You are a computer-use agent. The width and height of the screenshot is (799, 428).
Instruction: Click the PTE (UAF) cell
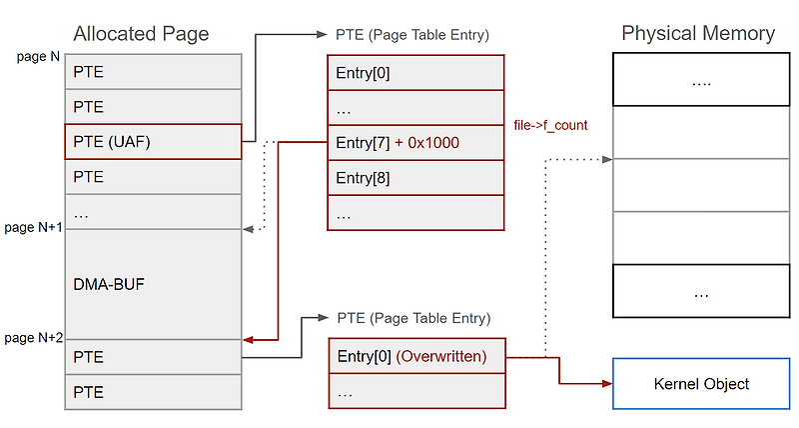[153, 142]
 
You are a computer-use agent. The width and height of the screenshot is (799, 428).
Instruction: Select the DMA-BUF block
[153, 285]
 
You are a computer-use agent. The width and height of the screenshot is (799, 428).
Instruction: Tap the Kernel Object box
[701, 384]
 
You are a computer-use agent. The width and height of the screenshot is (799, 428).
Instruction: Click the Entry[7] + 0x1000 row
[415, 143]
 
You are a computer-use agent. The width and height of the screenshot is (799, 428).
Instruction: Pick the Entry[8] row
[415, 178]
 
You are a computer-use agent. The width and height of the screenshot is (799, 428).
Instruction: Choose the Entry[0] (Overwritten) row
[415, 357]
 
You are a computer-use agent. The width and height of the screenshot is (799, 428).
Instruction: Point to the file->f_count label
[549, 126]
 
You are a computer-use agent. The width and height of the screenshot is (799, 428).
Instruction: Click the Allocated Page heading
[141, 34]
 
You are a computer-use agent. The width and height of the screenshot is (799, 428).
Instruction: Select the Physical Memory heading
[698, 33]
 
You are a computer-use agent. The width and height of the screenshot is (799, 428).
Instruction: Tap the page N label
[38, 57]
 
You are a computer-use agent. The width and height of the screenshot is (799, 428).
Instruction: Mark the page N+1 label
[32, 228]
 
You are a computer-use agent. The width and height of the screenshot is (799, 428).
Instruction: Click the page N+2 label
[32, 338]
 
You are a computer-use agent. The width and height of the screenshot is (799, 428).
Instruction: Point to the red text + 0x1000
[427, 143]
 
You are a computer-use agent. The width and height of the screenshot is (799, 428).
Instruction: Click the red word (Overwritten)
[441, 357]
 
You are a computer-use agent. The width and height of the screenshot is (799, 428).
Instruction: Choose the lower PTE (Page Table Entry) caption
[412, 319]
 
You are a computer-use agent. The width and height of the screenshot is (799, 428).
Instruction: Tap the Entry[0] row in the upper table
[415, 73]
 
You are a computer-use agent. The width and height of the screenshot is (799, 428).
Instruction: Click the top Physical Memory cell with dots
[701, 81]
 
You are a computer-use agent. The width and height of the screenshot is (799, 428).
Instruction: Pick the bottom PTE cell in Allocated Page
[153, 392]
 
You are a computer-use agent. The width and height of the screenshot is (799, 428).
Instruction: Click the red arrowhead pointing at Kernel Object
[607, 384]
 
